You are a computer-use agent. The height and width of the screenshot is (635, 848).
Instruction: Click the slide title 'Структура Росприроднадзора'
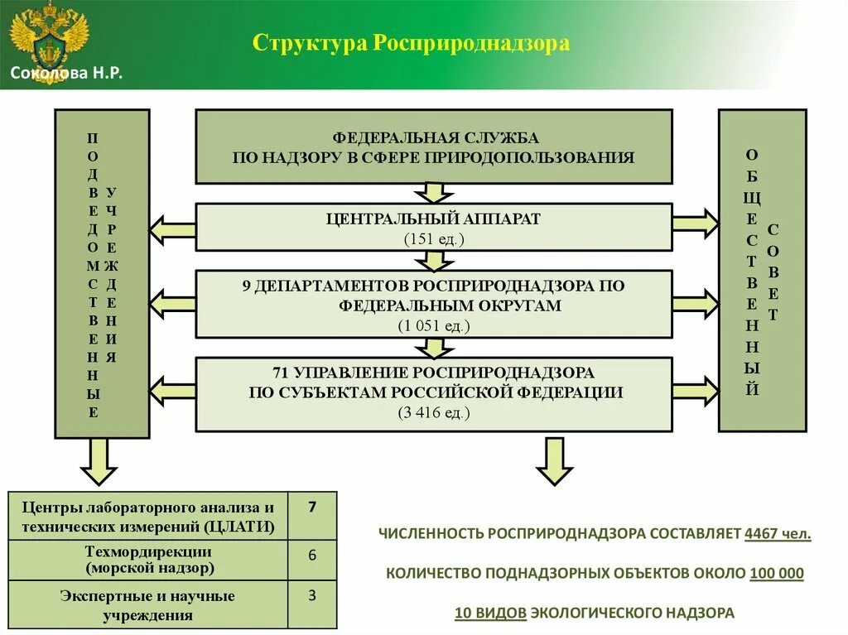(x=411, y=43)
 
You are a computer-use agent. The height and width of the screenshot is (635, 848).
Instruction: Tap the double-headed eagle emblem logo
(x=48, y=37)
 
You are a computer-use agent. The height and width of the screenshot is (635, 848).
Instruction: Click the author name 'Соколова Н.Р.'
(x=66, y=74)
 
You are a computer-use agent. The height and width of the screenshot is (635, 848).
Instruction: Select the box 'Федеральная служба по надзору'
(x=434, y=147)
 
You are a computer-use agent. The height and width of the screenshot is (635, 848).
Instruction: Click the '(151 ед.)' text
(x=434, y=239)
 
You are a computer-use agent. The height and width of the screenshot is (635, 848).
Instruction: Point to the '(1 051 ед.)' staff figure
(x=434, y=325)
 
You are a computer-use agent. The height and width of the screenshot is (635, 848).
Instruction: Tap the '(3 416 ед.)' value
(x=434, y=412)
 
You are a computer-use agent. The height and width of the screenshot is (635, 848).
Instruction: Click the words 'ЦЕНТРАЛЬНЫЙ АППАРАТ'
(x=434, y=219)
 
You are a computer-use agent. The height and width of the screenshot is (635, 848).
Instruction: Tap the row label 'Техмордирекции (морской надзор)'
(x=148, y=560)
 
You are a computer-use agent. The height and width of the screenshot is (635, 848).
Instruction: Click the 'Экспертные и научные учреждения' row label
(x=148, y=605)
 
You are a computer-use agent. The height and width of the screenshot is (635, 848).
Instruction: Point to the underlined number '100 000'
(x=776, y=573)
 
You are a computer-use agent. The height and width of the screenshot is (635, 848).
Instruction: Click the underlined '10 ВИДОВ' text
(x=490, y=613)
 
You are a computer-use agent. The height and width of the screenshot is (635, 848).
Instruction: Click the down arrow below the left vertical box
(x=99, y=461)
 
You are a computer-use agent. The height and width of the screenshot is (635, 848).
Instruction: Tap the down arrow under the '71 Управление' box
(x=554, y=461)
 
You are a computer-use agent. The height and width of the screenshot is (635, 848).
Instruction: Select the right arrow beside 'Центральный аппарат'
(x=695, y=224)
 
